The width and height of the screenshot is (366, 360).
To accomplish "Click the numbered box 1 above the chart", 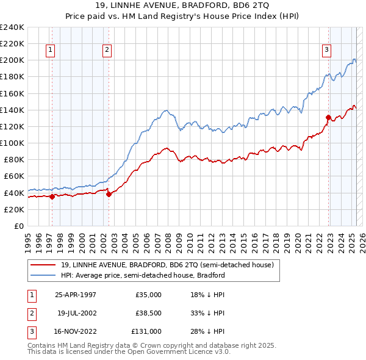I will [x=49, y=51].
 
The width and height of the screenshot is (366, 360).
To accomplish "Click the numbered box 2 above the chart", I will [x=107, y=51].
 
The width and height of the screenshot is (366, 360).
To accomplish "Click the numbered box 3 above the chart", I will [x=327, y=51].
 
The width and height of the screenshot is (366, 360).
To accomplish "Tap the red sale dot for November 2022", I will [x=328, y=118].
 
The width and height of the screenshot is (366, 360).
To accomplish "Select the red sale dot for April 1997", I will [x=52, y=196].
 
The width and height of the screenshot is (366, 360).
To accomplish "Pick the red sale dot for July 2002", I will [x=109, y=194].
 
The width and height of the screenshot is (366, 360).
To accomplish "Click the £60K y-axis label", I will [x=13, y=176].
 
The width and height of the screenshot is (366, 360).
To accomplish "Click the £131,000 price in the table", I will [x=146, y=331].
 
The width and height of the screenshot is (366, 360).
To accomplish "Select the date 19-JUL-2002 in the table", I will [x=77, y=313].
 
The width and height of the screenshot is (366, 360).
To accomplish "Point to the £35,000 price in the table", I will [x=148, y=295].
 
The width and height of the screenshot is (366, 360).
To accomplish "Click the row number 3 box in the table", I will [x=30, y=331].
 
